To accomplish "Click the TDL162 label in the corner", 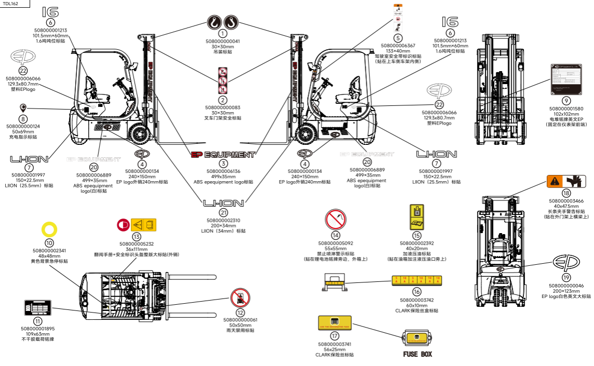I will [x=11, y=3].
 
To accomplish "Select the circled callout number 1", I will [x=223, y=34].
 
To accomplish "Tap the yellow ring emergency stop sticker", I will [x=49, y=229].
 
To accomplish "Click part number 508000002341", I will [x=49, y=251].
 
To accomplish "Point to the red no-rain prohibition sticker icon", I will [x=240, y=298].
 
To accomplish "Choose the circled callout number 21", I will [x=223, y=213].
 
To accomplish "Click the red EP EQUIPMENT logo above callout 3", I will [x=223, y=154].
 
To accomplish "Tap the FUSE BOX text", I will [x=418, y=355].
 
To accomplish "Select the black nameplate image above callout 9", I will [x=566, y=82].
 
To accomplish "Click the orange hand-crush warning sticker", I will [x=566, y=181].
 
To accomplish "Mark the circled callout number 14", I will [x=336, y=235].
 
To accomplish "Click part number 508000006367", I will [x=398, y=46].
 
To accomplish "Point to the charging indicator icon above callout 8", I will [x=23, y=107].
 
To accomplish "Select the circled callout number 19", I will [x=566, y=278].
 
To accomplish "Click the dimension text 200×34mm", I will [x=223, y=226].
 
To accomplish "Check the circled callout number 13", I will [x=136, y=236].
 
